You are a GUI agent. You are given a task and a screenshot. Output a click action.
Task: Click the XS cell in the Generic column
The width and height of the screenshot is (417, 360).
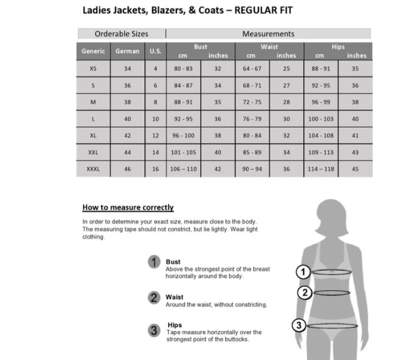[x=93, y=68]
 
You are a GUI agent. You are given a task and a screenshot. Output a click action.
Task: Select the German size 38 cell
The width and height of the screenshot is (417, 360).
[x=127, y=102]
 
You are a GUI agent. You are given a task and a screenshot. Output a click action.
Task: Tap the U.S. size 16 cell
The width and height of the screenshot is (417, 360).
[x=155, y=169]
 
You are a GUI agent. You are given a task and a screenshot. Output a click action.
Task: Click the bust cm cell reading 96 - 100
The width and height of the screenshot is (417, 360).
[x=183, y=136]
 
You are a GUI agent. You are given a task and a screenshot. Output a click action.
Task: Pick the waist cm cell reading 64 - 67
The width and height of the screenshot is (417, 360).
[x=252, y=68]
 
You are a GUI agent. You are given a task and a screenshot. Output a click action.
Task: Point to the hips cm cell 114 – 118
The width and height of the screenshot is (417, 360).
[x=321, y=169]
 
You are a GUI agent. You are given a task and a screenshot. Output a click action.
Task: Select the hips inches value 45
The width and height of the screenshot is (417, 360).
[x=355, y=169]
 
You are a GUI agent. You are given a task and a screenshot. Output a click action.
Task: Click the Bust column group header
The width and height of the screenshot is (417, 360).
[x=201, y=47]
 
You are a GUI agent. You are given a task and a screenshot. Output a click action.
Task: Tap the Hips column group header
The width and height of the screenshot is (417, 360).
[x=338, y=47]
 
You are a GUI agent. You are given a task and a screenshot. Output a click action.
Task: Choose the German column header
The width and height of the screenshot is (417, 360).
[x=127, y=51]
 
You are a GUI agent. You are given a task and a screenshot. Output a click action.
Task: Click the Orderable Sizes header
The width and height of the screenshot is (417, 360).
[x=122, y=34]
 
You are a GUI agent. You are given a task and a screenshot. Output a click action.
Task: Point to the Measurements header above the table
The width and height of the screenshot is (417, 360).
[x=268, y=34]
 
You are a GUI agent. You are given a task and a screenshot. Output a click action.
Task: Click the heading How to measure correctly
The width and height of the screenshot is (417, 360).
[x=128, y=207]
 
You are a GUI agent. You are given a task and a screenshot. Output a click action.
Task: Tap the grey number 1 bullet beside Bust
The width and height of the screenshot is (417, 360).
[x=155, y=262]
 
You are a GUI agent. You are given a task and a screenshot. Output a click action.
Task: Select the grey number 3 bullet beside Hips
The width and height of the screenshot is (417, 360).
[x=155, y=331]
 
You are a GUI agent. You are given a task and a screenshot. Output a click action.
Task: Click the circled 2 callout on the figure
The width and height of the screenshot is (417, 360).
[x=304, y=292]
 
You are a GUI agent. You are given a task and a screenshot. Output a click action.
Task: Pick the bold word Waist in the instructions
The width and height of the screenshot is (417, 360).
[x=175, y=297]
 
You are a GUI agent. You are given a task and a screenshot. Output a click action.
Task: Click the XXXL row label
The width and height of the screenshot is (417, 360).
[x=93, y=169]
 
